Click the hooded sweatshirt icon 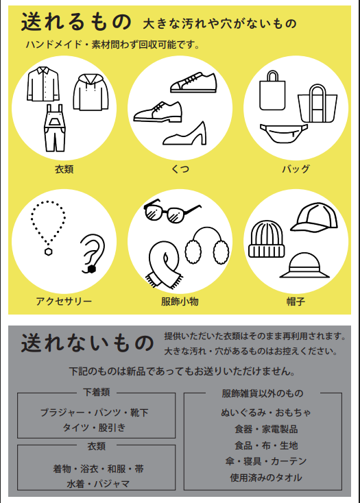(x=91, y=93)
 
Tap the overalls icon (x=55, y=127)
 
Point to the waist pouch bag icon (x=284, y=133)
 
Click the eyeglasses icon (x=172, y=211)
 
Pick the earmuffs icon (x=207, y=246)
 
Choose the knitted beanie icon (x=266, y=239)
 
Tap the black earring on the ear (x=91, y=269)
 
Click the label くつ (x=180, y=169)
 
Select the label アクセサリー (x=64, y=302)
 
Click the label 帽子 (x=296, y=302)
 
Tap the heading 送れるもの (x=76, y=22)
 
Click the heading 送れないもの (x=87, y=343)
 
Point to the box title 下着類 (x=97, y=392)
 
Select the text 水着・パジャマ (x=98, y=483)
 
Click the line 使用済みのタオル (x=266, y=478)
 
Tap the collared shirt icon (x=43, y=84)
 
